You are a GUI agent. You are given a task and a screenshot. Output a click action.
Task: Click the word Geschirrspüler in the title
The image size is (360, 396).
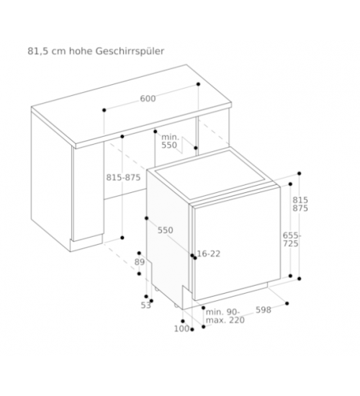click(130, 52)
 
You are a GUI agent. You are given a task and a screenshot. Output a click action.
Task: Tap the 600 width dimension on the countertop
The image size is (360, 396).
click(148, 99)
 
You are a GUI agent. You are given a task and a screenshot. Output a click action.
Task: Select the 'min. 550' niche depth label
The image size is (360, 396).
click(170, 141)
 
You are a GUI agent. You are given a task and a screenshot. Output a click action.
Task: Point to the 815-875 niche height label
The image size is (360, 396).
click(123, 178)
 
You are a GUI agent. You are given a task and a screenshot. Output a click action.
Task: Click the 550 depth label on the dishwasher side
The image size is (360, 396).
click(166, 230)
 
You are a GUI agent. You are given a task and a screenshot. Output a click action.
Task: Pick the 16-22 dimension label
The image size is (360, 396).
click(209, 253)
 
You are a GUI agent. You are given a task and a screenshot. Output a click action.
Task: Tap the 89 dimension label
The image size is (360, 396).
click(140, 262)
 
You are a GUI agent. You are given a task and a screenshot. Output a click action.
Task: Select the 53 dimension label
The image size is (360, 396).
click(145, 305)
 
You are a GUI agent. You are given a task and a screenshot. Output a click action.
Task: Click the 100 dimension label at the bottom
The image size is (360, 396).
click(181, 329)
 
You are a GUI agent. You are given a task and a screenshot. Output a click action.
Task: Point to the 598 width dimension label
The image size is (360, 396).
click(264, 310)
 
